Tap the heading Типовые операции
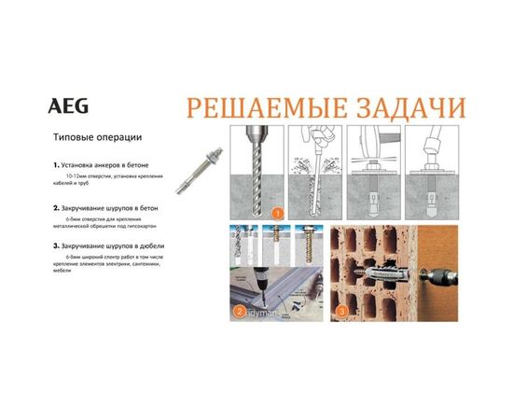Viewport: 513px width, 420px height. click(98, 138)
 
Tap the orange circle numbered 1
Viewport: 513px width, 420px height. click(277, 213)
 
